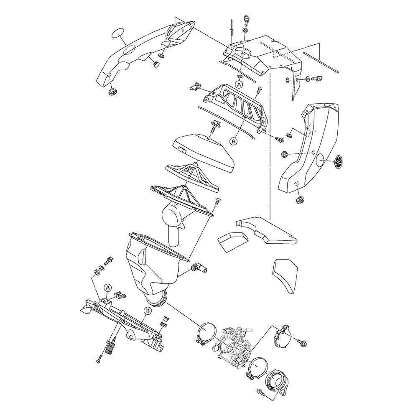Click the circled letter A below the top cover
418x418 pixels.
[239, 84]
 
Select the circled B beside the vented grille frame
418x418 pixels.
[234, 141]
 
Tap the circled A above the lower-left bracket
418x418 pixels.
[108, 288]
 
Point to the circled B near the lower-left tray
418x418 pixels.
[148, 311]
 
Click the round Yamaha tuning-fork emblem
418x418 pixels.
[338, 161]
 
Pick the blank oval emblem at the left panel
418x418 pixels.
[118, 33]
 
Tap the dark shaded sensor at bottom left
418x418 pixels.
[109, 348]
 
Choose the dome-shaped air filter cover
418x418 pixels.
[203, 150]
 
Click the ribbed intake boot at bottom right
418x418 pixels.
[277, 380]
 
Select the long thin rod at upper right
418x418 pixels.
[321, 62]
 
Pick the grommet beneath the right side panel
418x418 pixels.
[300, 199]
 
